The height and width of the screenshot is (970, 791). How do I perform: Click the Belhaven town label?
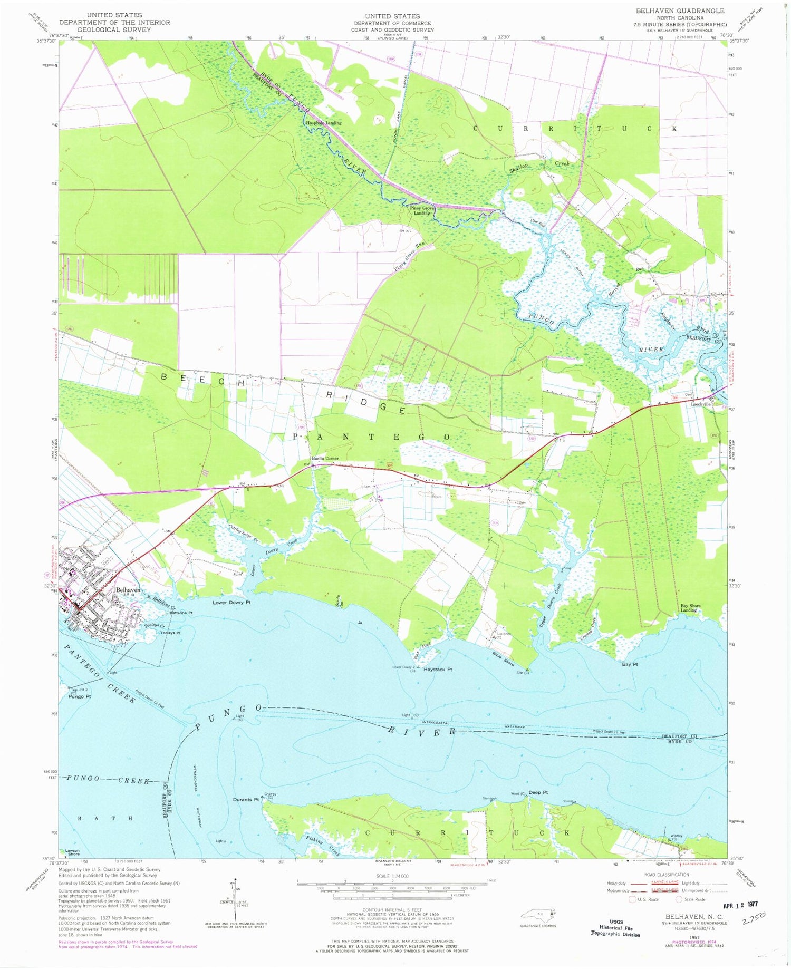[128, 590]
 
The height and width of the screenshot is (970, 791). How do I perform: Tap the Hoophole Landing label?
[324, 123]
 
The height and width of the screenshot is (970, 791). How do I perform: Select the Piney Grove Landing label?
[422, 211]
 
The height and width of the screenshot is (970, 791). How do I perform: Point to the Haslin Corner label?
[325, 458]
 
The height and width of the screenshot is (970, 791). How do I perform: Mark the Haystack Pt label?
[438, 670]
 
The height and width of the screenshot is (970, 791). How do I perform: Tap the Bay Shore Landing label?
[690, 608]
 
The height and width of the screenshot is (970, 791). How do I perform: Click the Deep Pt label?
[538, 792]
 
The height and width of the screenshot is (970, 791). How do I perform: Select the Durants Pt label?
[246, 800]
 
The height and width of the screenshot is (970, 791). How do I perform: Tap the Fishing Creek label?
[323, 841]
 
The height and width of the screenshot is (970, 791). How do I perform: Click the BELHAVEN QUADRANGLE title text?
[680, 11]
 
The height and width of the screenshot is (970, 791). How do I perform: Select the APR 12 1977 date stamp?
[741, 906]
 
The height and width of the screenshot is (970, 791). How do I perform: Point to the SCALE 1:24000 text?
[392, 876]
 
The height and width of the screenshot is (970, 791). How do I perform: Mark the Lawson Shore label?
[72, 852]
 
